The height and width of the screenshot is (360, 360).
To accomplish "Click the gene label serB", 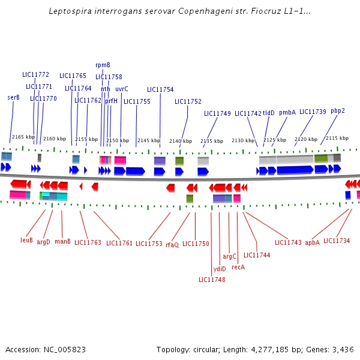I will point(13,97).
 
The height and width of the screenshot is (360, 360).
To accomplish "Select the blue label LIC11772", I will point(35,75).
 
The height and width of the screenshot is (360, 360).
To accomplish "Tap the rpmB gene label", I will point(103,65).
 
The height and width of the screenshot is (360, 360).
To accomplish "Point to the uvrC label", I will point(122,89).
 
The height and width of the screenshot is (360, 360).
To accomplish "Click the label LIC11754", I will point(160,90).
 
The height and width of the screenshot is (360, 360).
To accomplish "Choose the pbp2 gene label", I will point(338,110).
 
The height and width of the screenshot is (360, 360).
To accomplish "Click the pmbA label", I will point(287,112).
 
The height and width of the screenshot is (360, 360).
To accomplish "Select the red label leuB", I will point(26,240).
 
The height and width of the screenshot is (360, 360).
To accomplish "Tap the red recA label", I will point(238,267).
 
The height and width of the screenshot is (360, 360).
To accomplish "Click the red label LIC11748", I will point(212,280).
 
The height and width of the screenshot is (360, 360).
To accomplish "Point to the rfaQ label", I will point(172,244).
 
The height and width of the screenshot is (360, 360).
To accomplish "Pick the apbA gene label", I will point(312,242).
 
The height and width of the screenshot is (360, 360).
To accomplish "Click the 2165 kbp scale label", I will point(23,137).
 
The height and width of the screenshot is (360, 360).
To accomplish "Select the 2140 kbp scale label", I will point(180,141).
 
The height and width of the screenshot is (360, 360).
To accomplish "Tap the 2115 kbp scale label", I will point(337,138).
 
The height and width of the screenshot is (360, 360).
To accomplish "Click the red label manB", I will point(63,241).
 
